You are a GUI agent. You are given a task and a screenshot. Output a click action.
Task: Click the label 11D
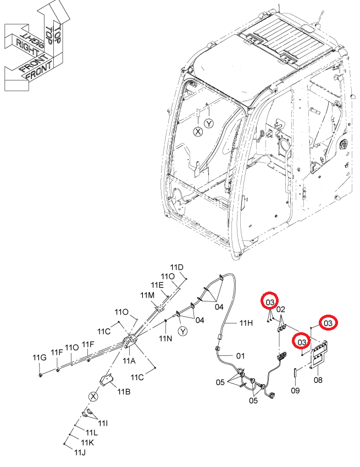tap(177, 267)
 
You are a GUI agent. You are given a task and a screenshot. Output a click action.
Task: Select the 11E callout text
tap(157, 285)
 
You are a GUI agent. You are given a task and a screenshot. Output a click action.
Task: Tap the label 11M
tap(147, 295)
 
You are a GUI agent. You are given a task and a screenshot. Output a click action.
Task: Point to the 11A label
tap(129, 361)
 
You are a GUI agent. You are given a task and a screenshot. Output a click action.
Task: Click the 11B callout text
tap(124, 391)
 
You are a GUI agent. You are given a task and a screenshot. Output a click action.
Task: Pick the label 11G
tap(40, 358)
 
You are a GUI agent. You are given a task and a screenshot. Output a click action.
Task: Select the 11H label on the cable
tap(246, 322)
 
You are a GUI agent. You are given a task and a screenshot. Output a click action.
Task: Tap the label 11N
tap(165, 338)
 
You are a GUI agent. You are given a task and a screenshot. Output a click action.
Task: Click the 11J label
tap(80, 452)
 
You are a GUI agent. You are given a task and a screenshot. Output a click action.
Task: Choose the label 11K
tap(87, 443)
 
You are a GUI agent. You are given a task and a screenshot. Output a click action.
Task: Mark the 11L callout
tap(91, 432)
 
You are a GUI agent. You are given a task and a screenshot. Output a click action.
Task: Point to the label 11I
tap(103, 423)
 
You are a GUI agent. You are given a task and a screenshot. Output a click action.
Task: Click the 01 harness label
tap(240, 355)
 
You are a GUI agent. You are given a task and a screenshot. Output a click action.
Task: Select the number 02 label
tap(280, 309)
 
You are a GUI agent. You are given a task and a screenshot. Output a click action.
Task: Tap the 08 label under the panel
tap(318, 380)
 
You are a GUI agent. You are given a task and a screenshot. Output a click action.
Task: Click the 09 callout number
tap(295, 390)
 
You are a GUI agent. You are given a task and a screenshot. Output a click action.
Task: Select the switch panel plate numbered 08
tap(319, 355)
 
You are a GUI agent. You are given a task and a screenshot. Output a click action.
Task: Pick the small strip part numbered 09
tap(295, 372)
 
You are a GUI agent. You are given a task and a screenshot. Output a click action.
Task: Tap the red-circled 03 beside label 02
tap(269, 303)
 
